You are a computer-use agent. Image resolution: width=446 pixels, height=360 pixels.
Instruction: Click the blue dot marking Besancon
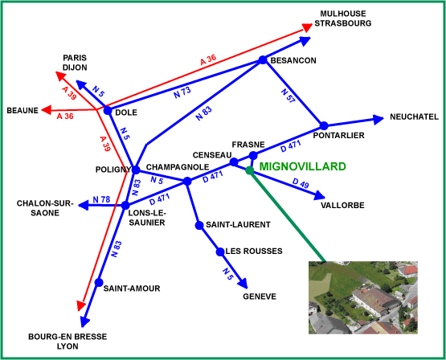[263, 59]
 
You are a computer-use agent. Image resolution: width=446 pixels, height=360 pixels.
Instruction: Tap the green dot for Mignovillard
[249, 170]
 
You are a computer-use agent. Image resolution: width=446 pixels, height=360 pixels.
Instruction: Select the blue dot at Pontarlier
[324, 125]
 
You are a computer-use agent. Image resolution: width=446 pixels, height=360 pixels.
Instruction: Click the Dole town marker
[108, 110]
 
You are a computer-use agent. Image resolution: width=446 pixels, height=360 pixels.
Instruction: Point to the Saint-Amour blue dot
[99, 282]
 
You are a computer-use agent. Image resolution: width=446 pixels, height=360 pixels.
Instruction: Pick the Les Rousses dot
[220, 252]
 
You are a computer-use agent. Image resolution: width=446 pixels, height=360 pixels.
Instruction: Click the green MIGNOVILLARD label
[302, 166]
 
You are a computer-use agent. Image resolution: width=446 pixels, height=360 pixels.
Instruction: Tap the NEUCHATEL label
[414, 117]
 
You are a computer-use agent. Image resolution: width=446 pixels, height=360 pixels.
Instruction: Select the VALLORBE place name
[342, 205]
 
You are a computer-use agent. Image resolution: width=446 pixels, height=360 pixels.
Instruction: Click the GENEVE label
[260, 297]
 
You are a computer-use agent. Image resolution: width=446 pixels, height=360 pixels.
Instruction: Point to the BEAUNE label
[23, 110]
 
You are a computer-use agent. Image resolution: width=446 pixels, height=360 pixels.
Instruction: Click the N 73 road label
[182, 92]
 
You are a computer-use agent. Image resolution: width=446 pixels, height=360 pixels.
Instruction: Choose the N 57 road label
[288, 96]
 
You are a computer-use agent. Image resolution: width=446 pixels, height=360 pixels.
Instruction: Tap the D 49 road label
[301, 183]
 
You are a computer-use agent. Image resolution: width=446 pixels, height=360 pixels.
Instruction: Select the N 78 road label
[101, 199]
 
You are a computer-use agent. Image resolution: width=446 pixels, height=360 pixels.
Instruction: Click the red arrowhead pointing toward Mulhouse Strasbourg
[307, 27]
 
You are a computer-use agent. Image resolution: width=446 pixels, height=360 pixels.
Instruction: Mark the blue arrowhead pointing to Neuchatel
[378, 120]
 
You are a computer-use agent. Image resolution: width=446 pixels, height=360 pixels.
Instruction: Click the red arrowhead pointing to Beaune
[47, 110]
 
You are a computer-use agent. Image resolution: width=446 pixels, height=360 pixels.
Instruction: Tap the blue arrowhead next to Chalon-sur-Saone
[84, 205]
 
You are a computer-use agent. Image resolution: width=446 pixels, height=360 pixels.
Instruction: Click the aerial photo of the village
[363, 297]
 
